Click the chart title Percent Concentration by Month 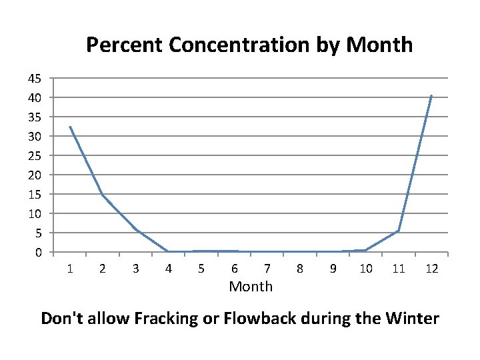click(249, 45)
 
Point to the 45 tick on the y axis click(35, 78)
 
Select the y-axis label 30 click(35, 136)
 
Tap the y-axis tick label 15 click(35, 194)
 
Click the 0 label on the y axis click(39, 252)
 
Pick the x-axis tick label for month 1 click(69, 269)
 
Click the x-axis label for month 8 click(299, 269)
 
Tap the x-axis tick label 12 click(431, 269)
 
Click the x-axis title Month click(251, 287)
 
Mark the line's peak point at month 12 click(431, 96)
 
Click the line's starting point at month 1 click(69, 127)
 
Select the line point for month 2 click(102, 194)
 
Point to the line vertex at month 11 click(399, 231)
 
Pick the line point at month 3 click(135, 229)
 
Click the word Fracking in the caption click(169, 319)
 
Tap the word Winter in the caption click(412, 318)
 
